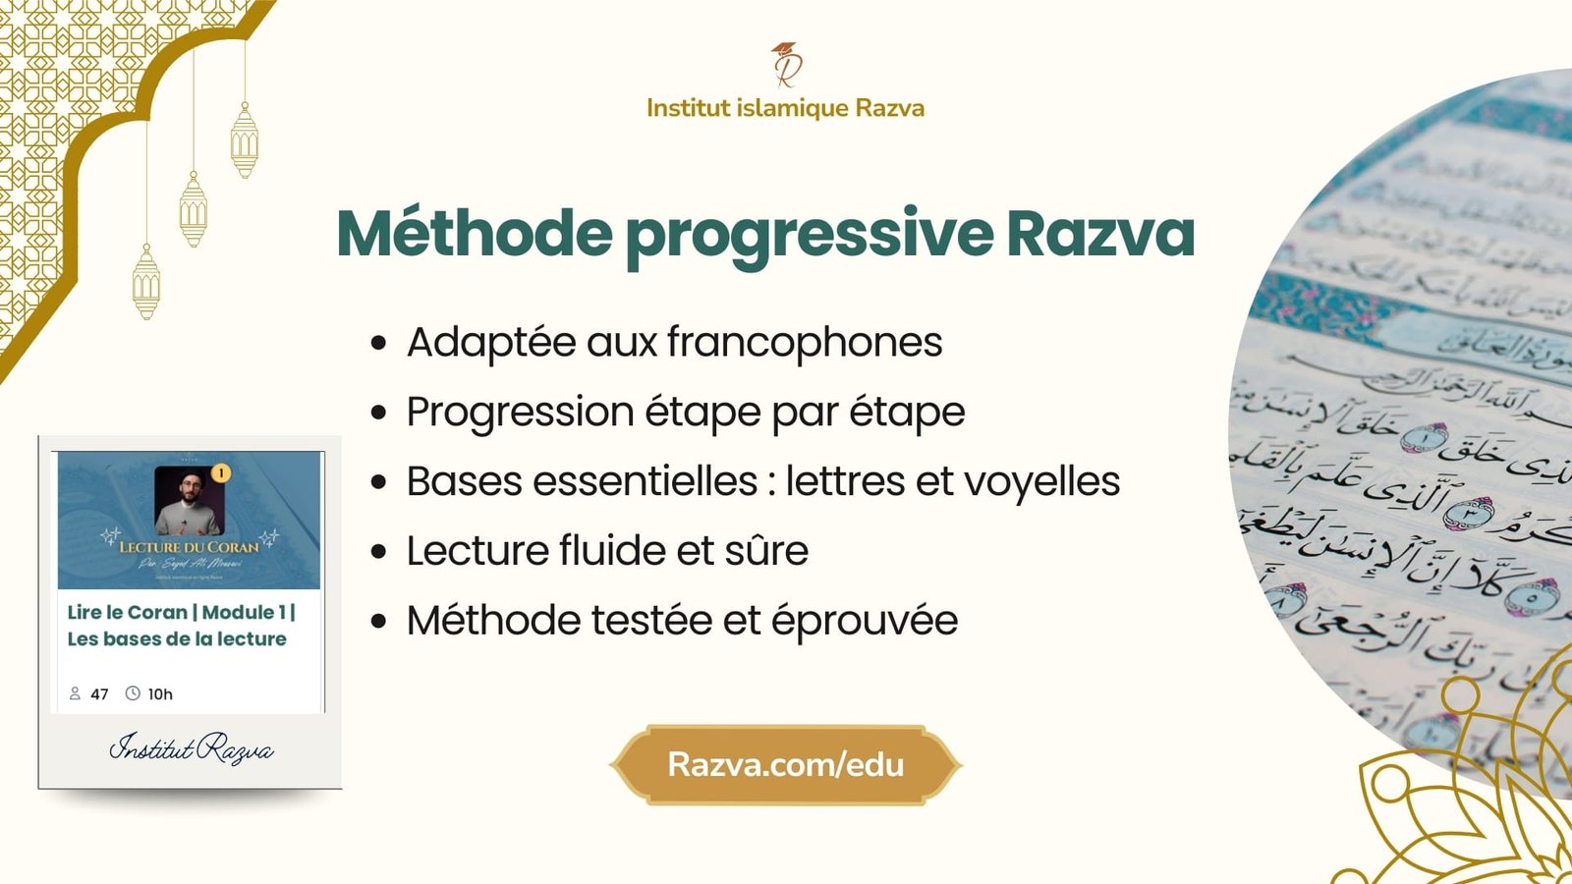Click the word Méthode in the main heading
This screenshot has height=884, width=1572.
click(x=475, y=234)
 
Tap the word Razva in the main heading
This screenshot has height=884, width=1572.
click(x=1099, y=234)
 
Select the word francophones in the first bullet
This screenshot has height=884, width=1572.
click(x=804, y=343)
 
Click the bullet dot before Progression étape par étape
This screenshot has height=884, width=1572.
click(x=379, y=414)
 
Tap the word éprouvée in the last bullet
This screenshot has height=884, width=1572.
click(x=864, y=621)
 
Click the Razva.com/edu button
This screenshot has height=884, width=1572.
click(x=785, y=765)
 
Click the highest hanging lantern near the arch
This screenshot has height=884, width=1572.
click(x=245, y=141)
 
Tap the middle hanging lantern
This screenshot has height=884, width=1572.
click(x=194, y=210)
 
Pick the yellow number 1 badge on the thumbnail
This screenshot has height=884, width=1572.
click(x=221, y=473)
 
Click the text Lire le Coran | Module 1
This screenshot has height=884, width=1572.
click(x=180, y=612)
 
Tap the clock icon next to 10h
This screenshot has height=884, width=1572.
click(x=133, y=693)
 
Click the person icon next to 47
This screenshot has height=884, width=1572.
click(x=75, y=693)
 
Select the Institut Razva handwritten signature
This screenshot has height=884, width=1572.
click(x=191, y=749)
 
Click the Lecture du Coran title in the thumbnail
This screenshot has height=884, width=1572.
click(x=189, y=546)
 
